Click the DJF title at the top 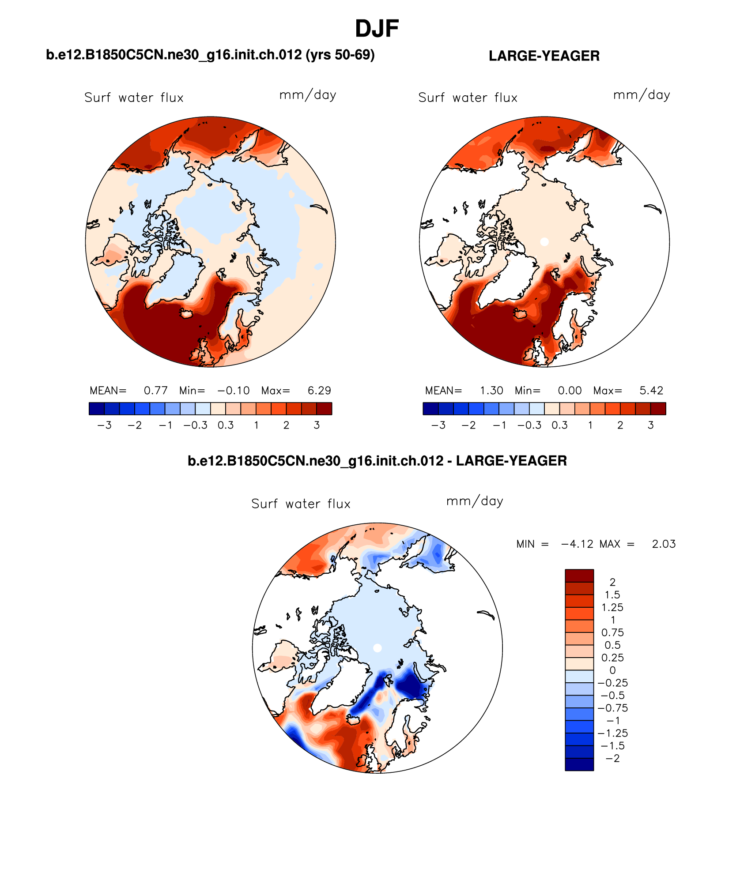coord(377,29)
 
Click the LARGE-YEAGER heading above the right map coord(544,56)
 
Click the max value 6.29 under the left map coord(319,391)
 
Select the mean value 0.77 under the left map coord(155,391)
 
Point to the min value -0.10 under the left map coord(234,391)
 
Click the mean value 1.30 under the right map coord(491,391)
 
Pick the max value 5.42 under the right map coord(651,391)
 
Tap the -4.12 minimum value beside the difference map coord(577,544)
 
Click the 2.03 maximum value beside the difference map coord(664,544)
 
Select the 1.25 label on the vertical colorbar coord(612,608)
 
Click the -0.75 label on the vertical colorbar coord(612,708)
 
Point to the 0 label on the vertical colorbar coord(612,670)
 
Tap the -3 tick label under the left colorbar coord(104,425)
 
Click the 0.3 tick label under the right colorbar coord(559,425)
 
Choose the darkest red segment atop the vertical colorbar coord(579,576)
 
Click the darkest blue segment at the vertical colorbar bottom coord(579,764)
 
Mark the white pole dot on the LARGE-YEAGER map coord(544,242)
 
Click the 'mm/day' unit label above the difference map coord(475,501)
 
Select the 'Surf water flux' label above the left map coord(134,98)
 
